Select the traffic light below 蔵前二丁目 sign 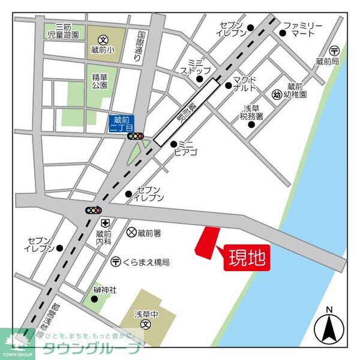coord(136,136)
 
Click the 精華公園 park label coord(100,81)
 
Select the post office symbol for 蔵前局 coord(335,51)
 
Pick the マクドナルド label coord(245,84)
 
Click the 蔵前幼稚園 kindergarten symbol coord(277,94)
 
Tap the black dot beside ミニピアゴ coord(173,144)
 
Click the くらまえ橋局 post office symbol coord(115,262)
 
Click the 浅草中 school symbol coord(145,324)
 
